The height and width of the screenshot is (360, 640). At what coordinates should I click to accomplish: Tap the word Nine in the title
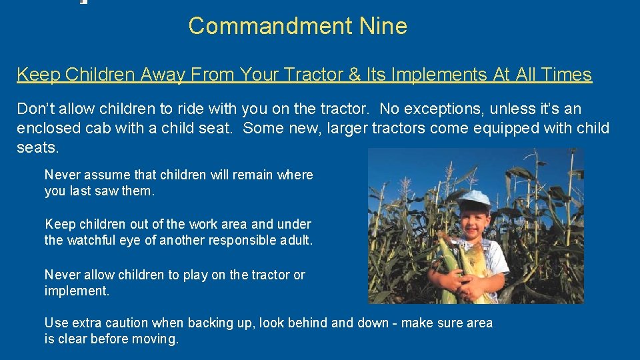tap(383, 26)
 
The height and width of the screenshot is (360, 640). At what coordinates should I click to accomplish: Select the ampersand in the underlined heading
tap(355, 74)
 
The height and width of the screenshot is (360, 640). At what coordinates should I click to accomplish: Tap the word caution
tap(125, 323)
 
